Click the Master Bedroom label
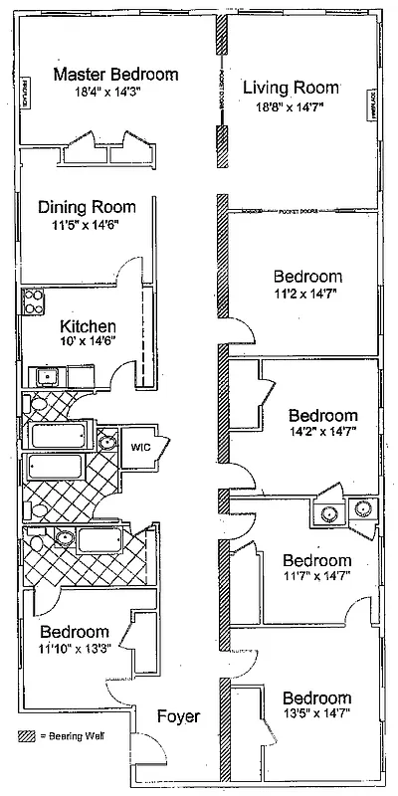pyautogui.click(x=116, y=75)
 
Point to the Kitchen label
pyautogui.click(x=89, y=325)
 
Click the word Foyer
pyautogui.click(x=178, y=716)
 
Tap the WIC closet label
pyautogui.click(x=137, y=448)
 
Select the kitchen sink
pyautogui.click(x=44, y=376)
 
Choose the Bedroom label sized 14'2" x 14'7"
pyautogui.click(x=322, y=414)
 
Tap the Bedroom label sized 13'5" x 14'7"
pyautogui.click(x=315, y=697)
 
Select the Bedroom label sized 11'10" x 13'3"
pyautogui.click(x=75, y=632)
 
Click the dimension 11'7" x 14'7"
pyautogui.click(x=316, y=577)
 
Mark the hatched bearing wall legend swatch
pyautogui.click(x=26, y=737)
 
